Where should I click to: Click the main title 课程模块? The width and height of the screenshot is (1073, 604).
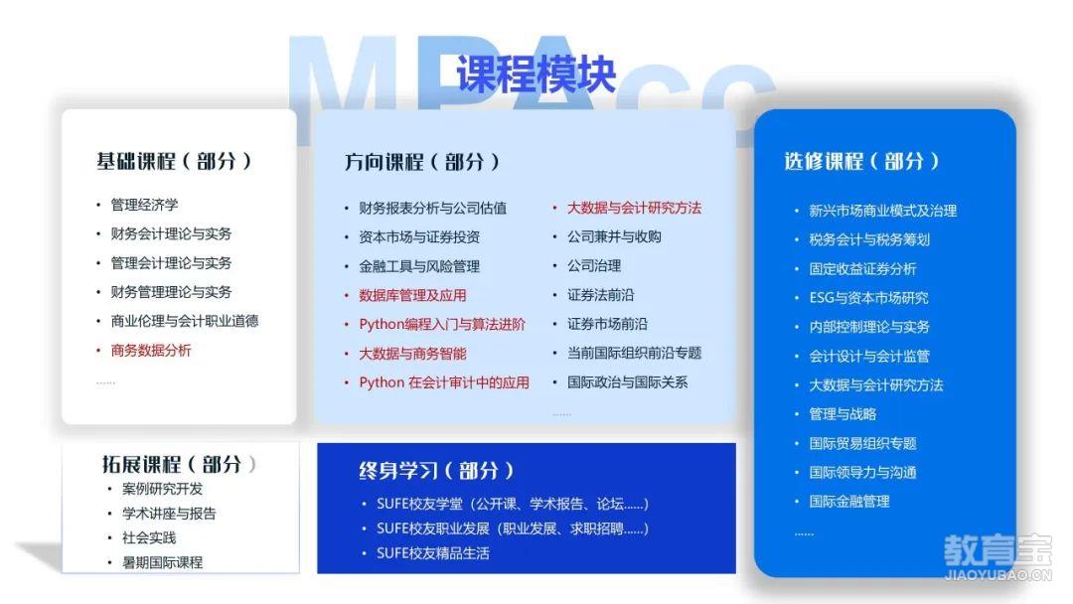pyautogui.click(x=536, y=74)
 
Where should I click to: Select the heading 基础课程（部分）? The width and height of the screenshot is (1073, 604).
pyautogui.click(x=175, y=162)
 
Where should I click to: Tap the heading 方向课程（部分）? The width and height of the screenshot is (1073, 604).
pyautogui.click(x=422, y=162)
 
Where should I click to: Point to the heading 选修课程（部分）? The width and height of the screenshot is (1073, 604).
pyautogui.click(x=861, y=162)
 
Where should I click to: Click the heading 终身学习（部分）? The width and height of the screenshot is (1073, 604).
pyautogui.click(x=436, y=471)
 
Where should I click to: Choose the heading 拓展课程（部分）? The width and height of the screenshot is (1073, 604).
pyautogui.click(x=179, y=465)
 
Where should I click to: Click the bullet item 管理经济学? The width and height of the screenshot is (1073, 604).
pyautogui.click(x=144, y=205)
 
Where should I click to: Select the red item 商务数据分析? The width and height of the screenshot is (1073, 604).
pyautogui.click(x=151, y=351)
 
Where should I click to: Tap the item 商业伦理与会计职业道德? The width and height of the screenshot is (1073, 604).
pyautogui.click(x=185, y=321)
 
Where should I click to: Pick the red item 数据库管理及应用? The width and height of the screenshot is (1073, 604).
pyautogui.click(x=412, y=295)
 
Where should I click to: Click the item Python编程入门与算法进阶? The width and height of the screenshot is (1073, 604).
pyautogui.click(x=442, y=324)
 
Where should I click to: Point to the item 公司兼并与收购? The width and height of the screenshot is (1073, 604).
pyautogui.click(x=614, y=236)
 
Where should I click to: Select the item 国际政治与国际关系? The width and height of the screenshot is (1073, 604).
pyautogui.click(x=628, y=382)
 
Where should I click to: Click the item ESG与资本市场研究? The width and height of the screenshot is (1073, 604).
pyautogui.click(x=869, y=298)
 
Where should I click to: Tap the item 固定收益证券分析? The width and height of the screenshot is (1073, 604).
pyautogui.click(x=863, y=269)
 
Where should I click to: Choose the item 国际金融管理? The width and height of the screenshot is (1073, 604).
pyautogui.click(x=849, y=502)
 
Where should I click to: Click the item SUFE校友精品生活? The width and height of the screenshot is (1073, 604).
pyautogui.click(x=433, y=553)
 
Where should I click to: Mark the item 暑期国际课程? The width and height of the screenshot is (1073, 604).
pyautogui.click(x=162, y=562)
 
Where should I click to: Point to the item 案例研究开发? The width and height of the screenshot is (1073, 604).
pyautogui.click(x=162, y=489)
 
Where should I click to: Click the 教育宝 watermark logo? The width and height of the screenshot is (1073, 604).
pyautogui.click(x=997, y=556)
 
